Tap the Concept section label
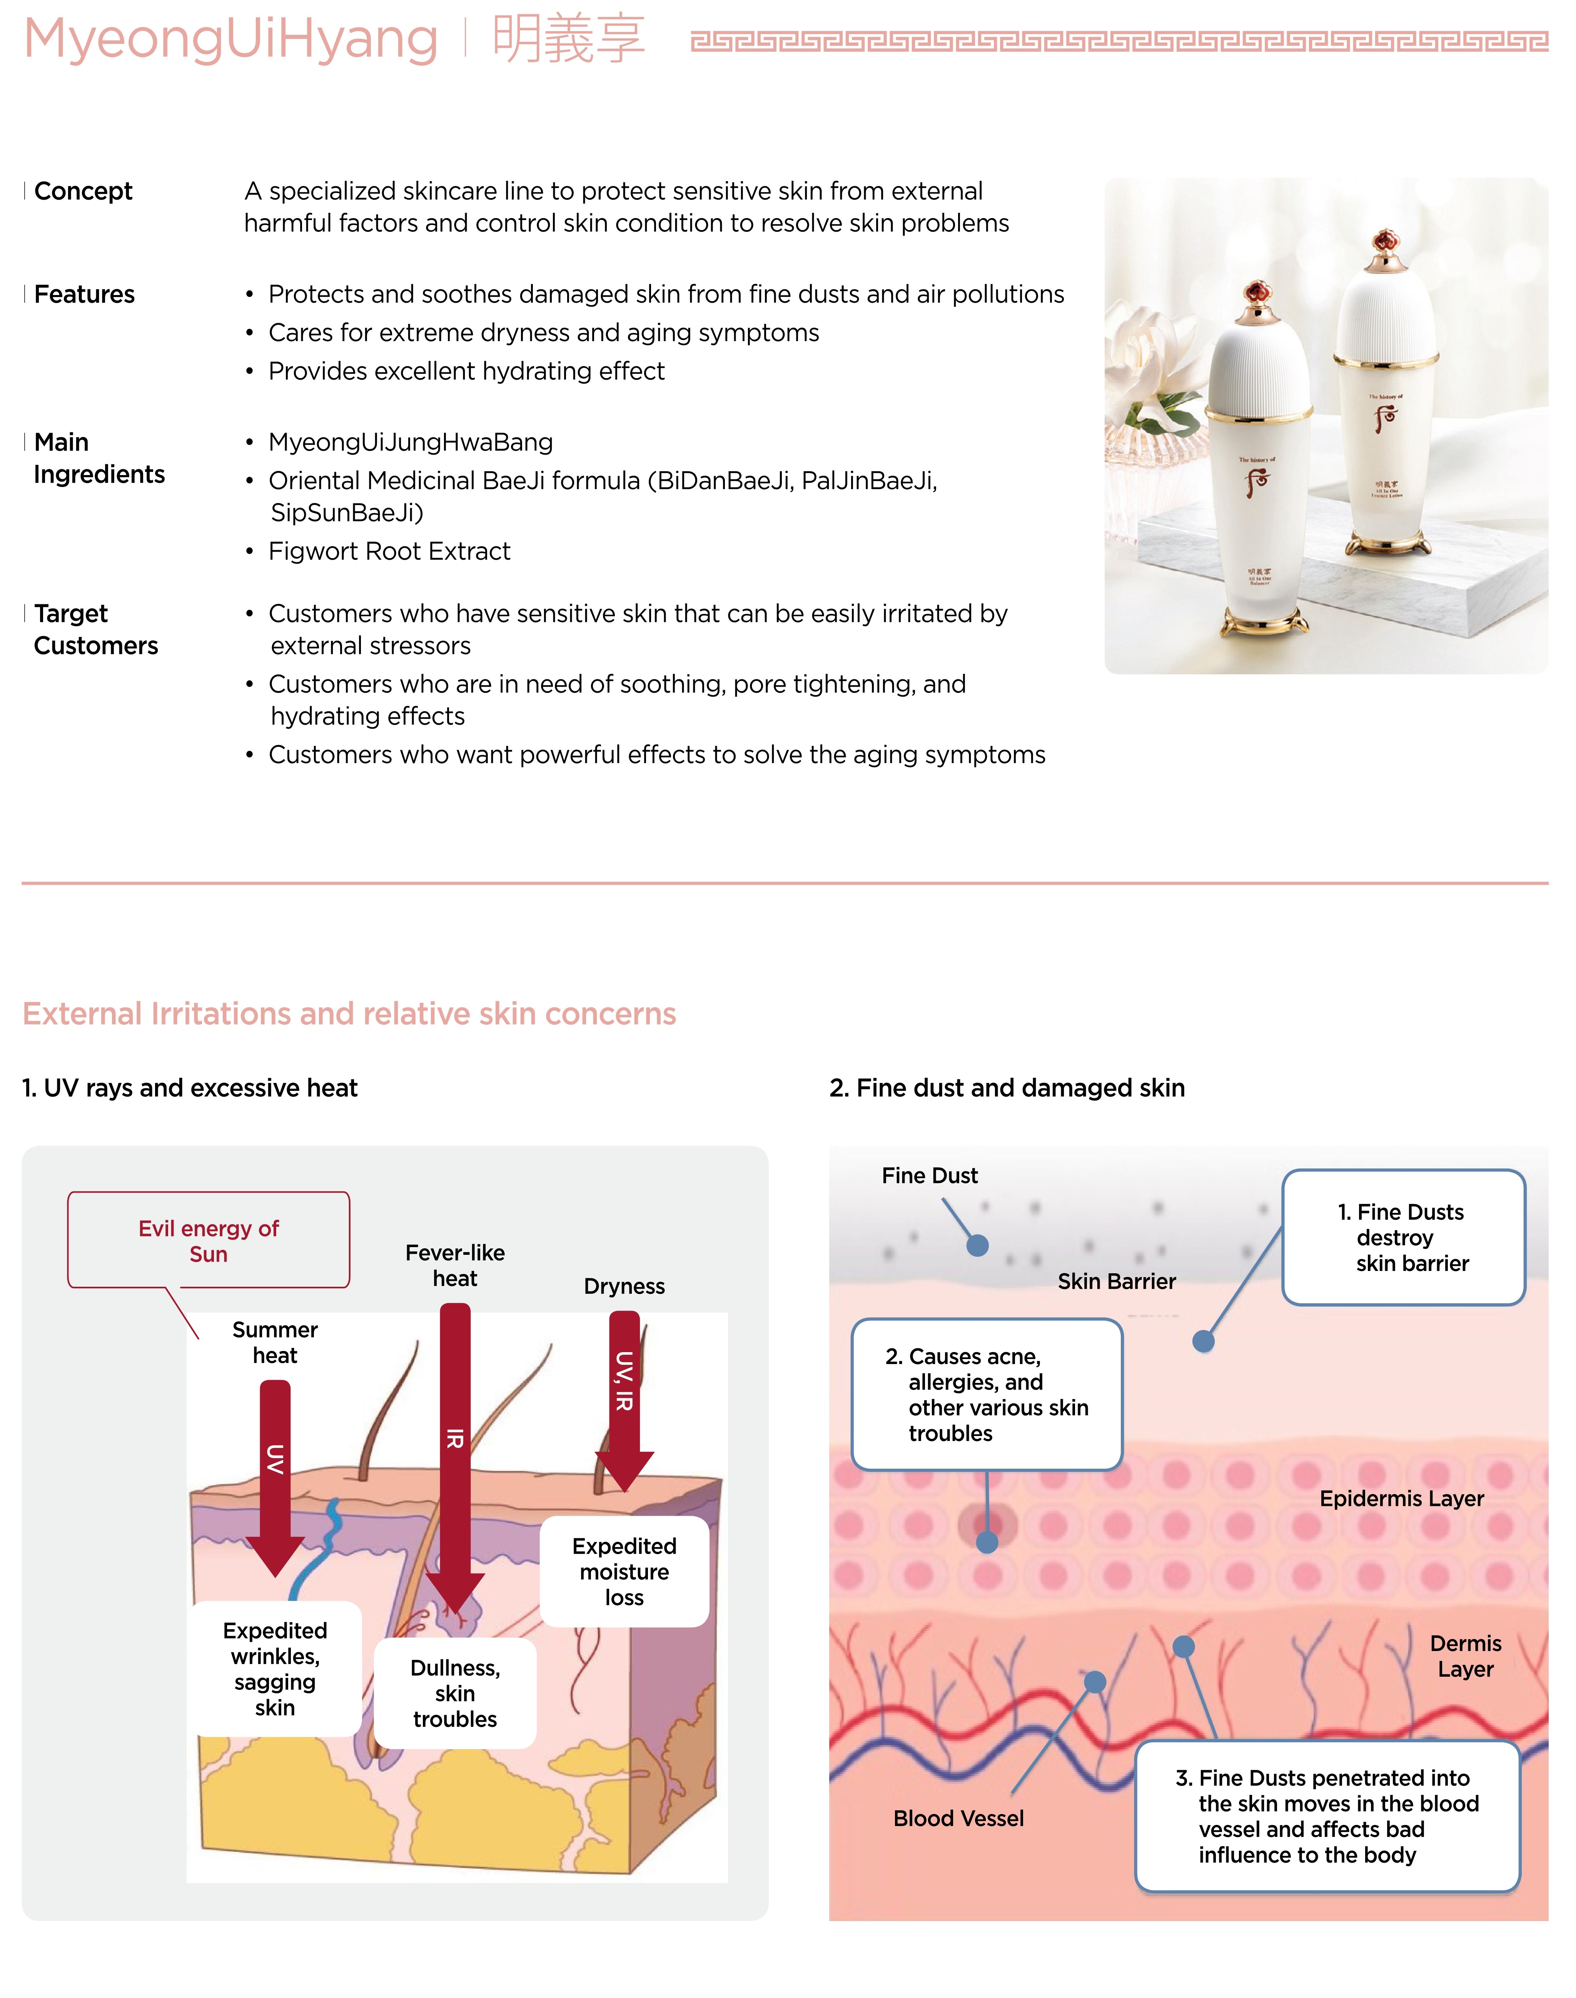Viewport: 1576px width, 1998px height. coord(83,191)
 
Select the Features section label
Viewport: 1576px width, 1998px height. coord(84,294)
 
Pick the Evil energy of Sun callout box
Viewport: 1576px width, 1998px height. coord(209,1240)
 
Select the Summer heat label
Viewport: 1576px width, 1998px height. coord(275,1342)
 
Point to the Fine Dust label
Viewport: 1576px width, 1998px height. coord(929,1175)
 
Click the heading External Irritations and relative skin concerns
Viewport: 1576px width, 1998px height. coord(349,1014)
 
